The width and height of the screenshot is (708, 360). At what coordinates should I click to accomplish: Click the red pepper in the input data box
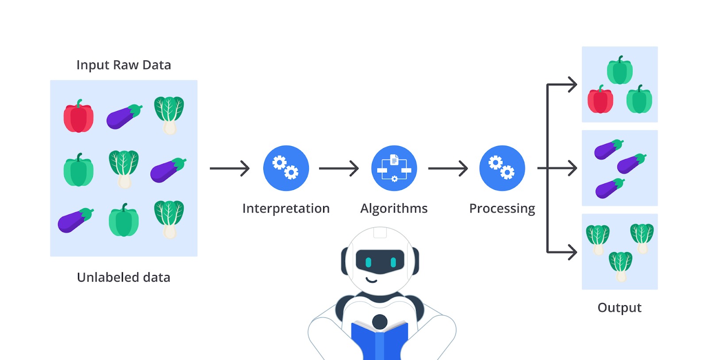coord(78,116)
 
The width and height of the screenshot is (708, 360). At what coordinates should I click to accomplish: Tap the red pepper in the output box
coord(600,99)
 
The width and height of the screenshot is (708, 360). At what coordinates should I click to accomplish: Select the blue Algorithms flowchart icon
coord(394,168)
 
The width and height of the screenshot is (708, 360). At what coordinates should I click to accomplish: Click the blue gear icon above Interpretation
coord(286,168)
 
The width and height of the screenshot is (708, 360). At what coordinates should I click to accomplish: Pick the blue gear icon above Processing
coord(502,168)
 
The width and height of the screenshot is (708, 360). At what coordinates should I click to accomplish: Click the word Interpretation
coord(286,209)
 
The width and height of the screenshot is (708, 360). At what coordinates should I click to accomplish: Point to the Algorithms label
coord(394,209)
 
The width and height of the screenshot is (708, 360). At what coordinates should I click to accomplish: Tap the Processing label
coord(502,209)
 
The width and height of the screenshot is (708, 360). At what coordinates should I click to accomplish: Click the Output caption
coord(619,308)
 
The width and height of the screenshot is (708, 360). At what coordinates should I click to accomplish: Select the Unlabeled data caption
coord(123,277)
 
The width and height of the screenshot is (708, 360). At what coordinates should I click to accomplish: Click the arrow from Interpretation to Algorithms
coord(339,168)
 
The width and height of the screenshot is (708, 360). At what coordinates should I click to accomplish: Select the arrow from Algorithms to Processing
coord(448,168)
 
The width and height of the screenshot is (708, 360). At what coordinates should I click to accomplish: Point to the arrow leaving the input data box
coord(230,168)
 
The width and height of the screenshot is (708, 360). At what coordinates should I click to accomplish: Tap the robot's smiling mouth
coord(371,280)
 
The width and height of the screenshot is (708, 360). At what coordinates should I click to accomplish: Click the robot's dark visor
coord(380,262)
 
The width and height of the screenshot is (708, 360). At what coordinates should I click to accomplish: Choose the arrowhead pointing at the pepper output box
coord(573,85)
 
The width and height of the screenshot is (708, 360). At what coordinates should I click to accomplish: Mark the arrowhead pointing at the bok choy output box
coord(573,252)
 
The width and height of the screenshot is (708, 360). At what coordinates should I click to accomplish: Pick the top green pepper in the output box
coord(620,70)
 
